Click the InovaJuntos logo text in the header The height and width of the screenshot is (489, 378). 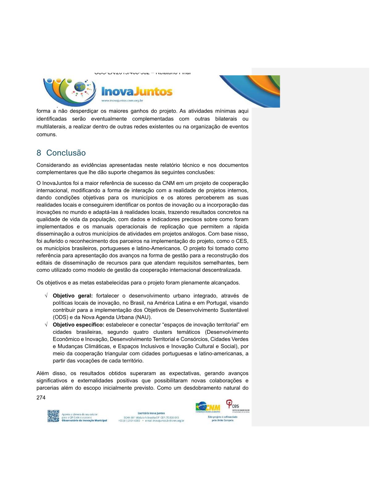137,92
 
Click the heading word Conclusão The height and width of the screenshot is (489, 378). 66,153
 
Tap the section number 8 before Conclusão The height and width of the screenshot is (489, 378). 39,153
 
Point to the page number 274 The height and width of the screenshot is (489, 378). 41,398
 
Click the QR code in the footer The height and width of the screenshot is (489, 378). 53,416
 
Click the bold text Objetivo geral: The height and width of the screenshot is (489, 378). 73,296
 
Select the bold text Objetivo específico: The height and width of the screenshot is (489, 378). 78,325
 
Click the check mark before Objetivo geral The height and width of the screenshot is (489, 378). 46,296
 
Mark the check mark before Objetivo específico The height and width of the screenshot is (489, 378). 46,325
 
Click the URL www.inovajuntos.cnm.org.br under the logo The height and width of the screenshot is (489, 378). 122,101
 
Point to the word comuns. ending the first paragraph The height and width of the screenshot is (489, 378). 47,135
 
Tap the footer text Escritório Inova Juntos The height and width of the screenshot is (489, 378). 151,413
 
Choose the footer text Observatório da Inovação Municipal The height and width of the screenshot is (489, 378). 84,420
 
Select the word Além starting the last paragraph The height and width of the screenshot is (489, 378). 43,374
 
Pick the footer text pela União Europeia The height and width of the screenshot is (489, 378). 222,420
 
